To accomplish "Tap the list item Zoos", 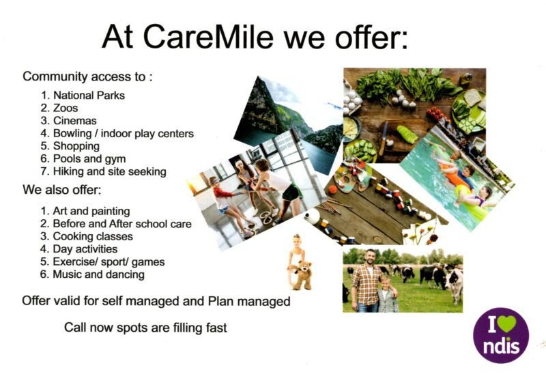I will [66, 108].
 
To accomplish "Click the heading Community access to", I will [87, 77].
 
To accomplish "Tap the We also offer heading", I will [67, 190].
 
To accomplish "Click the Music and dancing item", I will [98, 274].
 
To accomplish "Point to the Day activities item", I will [85, 249].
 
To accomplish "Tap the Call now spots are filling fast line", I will [145, 328].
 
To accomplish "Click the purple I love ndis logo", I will [500, 335].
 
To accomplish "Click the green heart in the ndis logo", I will [505, 322].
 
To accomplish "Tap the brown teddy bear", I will [300, 274].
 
